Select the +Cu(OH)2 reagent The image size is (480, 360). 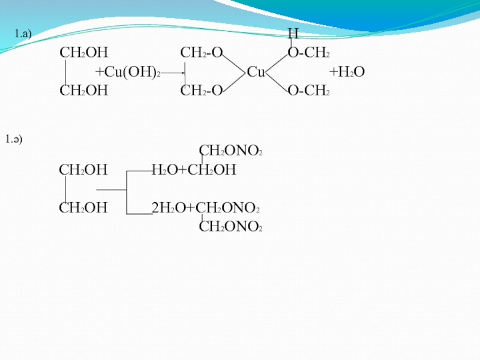(128, 73)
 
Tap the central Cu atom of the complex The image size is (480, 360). (256, 73)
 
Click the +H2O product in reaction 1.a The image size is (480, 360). (347, 73)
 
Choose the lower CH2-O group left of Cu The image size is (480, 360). (202, 91)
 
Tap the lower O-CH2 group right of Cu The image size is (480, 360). (308, 91)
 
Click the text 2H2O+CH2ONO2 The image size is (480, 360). (205, 209)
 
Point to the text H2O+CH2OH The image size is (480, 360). (194, 170)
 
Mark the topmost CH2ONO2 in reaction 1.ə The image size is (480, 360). (230, 151)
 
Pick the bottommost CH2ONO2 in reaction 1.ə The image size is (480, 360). (230, 227)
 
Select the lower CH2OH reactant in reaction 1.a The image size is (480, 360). (83, 91)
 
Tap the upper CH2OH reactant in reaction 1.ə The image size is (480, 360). (83, 170)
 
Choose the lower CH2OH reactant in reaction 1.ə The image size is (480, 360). (83, 209)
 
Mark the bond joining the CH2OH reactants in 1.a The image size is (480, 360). (65, 73)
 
